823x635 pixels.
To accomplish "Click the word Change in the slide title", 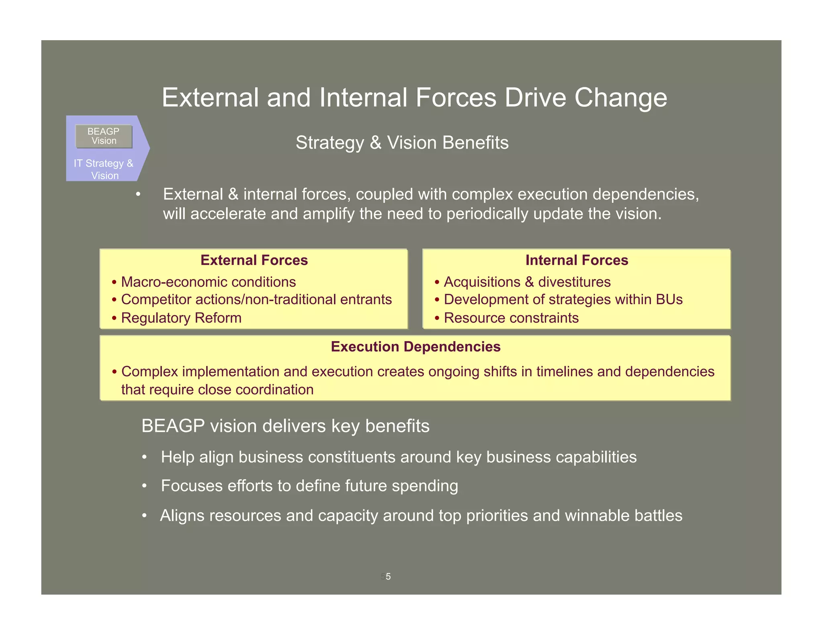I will pyautogui.click(x=620, y=98).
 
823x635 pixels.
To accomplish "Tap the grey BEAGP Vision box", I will pyautogui.click(x=104, y=136).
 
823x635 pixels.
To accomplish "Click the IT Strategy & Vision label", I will pyautogui.click(x=104, y=169).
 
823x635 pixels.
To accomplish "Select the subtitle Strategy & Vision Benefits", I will pyautogui.click(x=402, y=142).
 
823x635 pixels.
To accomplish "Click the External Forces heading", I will pyautogui.click(x=254, y=260).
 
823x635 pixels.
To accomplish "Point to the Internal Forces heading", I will pyautogui.click(x=576, y=260).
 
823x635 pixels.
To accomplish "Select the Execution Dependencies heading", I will pyautogui.click(x=416, y=346).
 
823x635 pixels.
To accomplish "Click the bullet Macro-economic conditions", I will pyautogui.click(x=208, y=282).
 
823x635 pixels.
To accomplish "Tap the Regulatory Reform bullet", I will pyautogui.click(x=181, y=317).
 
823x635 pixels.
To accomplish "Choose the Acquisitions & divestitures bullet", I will pyautogui.click(x=527, y=282).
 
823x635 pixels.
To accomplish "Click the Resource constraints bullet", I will pyautogui.click(x=511, y=317).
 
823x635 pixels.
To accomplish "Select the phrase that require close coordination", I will pyautogui.click(x=217, y=389).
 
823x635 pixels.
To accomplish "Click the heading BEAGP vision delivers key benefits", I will pyautogui.click(x=285, y=426).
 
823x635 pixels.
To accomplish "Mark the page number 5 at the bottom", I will pyautogui.click(x=388, y=576).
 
